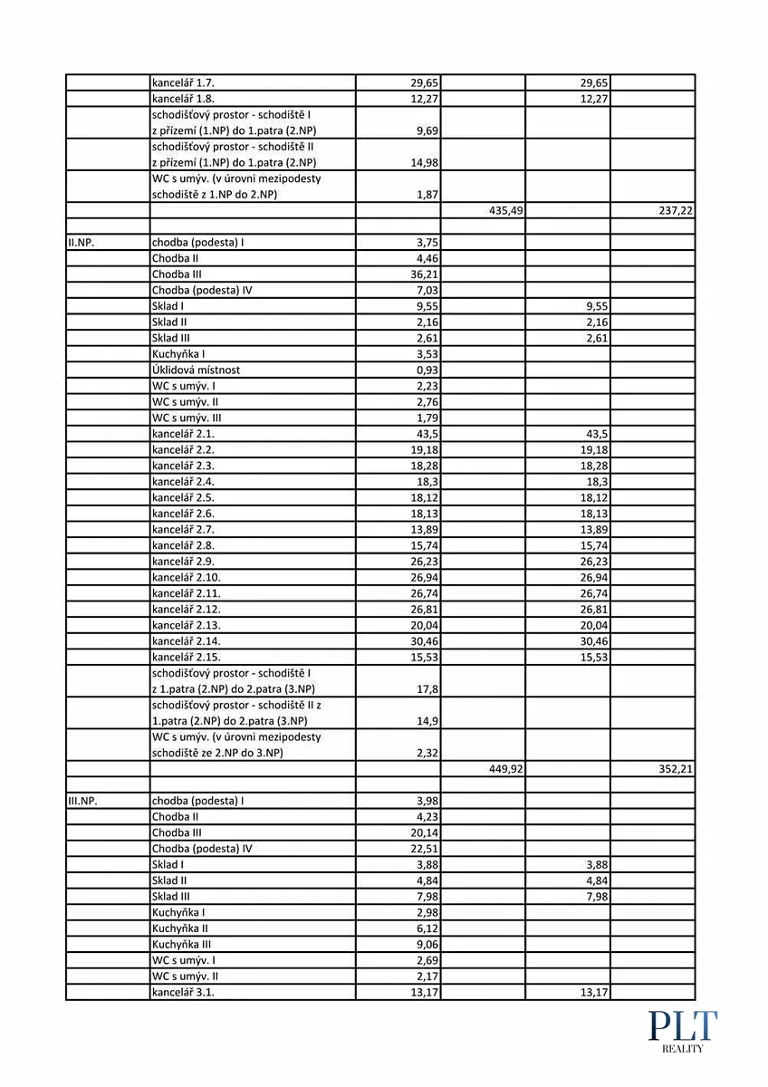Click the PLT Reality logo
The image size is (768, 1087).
(x=682, y=1031)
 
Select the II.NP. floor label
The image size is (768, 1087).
(x=81, y=242)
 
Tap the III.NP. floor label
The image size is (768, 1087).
(x=82, y=801)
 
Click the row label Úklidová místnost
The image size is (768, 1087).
(x=196, y=370)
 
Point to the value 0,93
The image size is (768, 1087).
(x=427, y=370)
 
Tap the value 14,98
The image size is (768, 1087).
(x=424, y=163)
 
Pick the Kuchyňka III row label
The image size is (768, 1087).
(x=181, y=944)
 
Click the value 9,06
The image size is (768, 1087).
(x=427, y=944)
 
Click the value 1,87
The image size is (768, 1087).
(x=427, y=195)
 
